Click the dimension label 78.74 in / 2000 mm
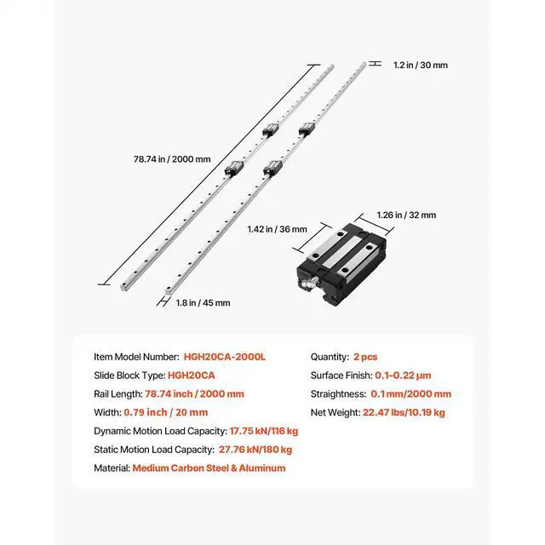(x=172, y=158)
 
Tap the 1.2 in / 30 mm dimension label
(x=420, y=64)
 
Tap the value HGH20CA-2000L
(x=225, y=357)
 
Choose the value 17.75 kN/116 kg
(x=264, y=431)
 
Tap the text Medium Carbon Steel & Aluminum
(x=209, y=468)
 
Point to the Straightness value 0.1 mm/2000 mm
(x=411, y=393)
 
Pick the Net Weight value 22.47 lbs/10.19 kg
(x=404, y=412)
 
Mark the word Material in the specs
(x=111, y=468)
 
